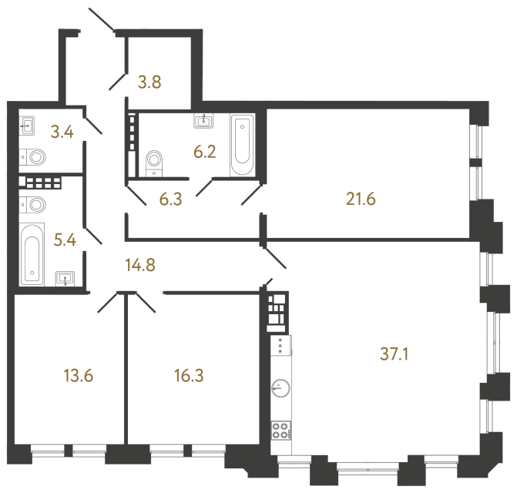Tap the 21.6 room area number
point(360,200)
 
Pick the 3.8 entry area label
point(149,80)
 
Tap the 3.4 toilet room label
point(62,132)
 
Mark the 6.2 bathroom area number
point(204,152)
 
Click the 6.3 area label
point(172,200)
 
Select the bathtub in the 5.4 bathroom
point(32,253)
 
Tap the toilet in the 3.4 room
point(33,158)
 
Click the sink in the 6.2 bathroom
point(205,120)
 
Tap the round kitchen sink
point(280,388)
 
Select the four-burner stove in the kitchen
point(280,431)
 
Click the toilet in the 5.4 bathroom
point(33,206)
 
